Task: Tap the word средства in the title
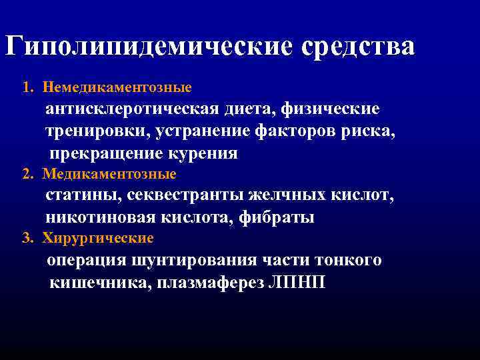click(x=357, y=46)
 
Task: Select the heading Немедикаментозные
click(x=117, y=87)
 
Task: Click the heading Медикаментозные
click(x=109, y=175)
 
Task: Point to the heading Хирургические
click(x=98, y=238)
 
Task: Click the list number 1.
click(x=26, y=87)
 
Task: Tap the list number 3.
click(x=26, y=238)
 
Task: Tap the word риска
click(x=369, y=131)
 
